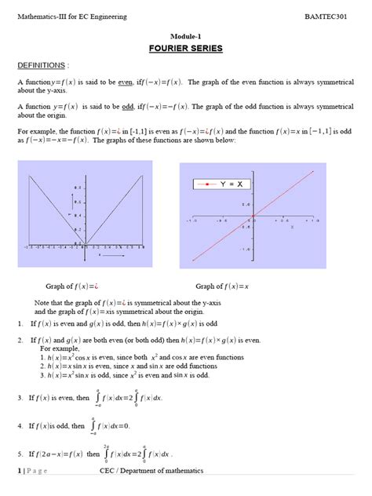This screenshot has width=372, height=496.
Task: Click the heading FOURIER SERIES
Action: coord(185,49)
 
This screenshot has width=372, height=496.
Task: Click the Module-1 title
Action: coord(186,36)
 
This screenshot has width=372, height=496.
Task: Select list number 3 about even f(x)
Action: coord(20,398)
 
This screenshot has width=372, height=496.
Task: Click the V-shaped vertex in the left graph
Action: coord(84,243)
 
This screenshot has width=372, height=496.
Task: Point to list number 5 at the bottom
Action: coord(20,454)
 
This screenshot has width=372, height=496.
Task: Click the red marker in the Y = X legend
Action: coord(206,184)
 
